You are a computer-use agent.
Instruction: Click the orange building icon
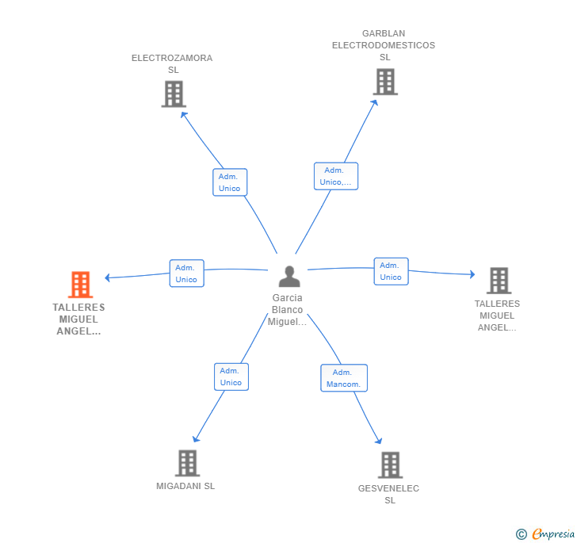[x=81, y=285]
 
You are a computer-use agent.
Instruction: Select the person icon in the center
[x=289, y=276]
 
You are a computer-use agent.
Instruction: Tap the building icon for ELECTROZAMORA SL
[x=174, y=94]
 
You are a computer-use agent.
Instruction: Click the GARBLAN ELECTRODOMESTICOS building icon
[x=385, y=82]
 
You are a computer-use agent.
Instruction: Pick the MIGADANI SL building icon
[x=187, y=463]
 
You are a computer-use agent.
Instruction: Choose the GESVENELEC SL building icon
[x=390, y=465]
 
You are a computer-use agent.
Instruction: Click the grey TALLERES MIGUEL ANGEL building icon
[x=499, y=281]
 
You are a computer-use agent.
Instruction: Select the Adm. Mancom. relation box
[x=344, y=378]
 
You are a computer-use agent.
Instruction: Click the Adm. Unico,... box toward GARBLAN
[x=335, y=176]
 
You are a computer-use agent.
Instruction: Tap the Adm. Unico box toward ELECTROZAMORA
[x=230, y=182]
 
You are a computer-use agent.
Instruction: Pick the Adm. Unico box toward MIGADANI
[x=231, y=377]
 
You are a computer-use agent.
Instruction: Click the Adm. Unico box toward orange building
[x=186, y=273]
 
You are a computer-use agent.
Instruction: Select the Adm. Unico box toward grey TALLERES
[x=391, y=271]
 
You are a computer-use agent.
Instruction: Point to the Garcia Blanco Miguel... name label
[x=287, y=310]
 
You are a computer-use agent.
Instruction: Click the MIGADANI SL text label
[x=185, y=486]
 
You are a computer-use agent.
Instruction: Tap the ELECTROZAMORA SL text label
[x=172, y=63]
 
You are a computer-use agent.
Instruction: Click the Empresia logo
[x=545, y=533]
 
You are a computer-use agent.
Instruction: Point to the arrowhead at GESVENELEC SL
[x=379, y=441]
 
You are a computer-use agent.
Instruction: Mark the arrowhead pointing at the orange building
[x=107, y=277]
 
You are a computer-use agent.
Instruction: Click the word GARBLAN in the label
[x=384, y=33]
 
